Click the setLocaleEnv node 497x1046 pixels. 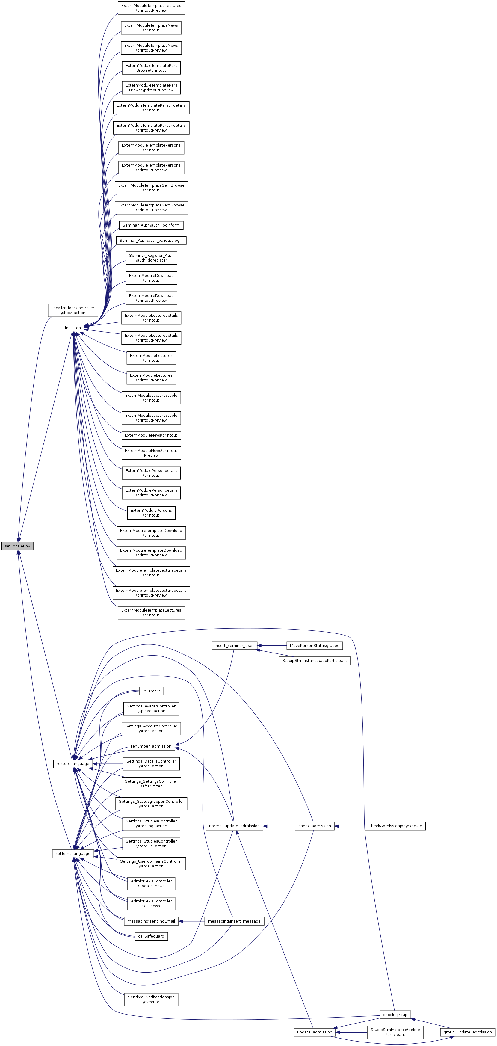[17, 546]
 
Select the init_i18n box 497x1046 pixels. [73, 328]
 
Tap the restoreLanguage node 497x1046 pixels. [73, 764]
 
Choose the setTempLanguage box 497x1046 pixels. [73, 854]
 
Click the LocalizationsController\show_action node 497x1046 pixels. [73, 310]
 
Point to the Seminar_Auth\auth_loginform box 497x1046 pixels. [151, 225]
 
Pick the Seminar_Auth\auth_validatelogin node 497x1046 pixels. [151, 240]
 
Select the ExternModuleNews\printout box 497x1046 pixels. [151, 435]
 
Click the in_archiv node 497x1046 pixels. [151, 691]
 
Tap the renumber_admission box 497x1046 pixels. [151, 746]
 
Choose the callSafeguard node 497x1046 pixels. [151, 936]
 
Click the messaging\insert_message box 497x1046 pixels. [234, 921]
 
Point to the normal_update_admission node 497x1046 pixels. [234, 826]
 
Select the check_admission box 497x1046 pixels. [315, 826]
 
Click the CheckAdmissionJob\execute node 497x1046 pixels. [395, 826]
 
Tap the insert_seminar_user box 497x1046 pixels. [234, 646]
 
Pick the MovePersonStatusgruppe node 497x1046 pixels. [315, 646]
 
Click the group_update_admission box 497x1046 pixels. [468, 1032]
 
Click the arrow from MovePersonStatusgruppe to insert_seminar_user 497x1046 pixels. [272, 646]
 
